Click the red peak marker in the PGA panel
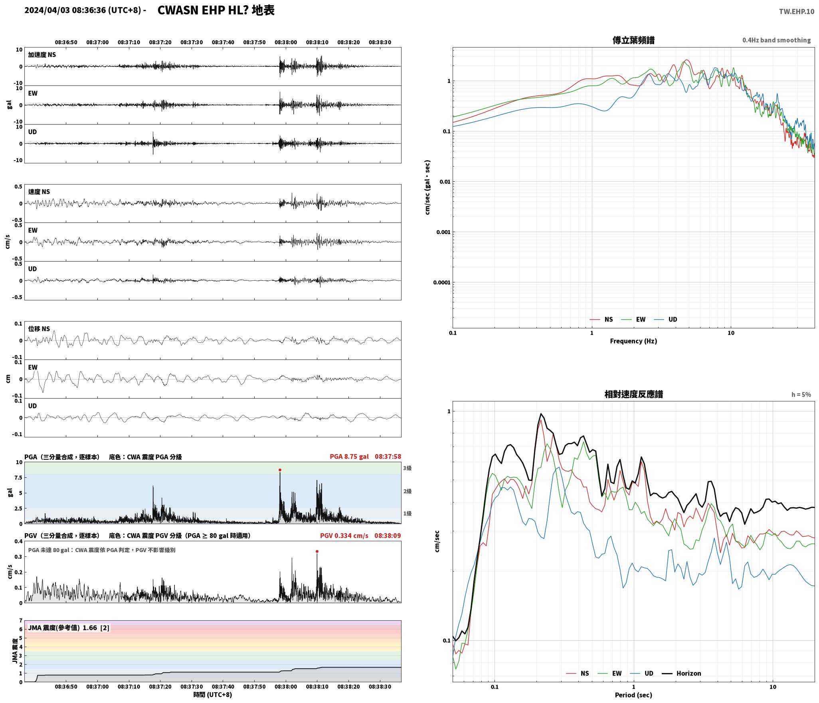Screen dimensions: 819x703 pyautogui.click(x=280, y=470)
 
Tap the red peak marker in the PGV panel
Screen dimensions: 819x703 pyautogui.click(x=317, y=551)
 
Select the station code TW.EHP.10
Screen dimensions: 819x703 pyautogui.click(x=796, y=12)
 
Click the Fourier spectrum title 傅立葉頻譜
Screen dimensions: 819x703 pyautogui.click(x=633, y=40)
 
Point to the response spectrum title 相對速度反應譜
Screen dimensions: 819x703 pyautogui.click(x=633, y=394)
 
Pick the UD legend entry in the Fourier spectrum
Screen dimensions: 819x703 pyautogui.click(x=665, y=319)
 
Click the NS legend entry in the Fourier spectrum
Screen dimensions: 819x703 pyautogui.click(x=601, y=319)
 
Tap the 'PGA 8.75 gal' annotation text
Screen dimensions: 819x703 pyautogui.click(x=349, y=456)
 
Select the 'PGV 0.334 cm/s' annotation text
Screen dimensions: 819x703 pyautogui.click(x=344, y=535)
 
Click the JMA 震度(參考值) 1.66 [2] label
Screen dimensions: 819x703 pyautogui.click(x=69, y=628)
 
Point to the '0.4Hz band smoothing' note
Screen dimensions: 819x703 pyautogui.click(x=776, y=40)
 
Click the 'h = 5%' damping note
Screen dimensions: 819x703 pyautogui.click(x=801, y=395)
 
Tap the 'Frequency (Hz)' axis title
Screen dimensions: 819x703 pyautogui.click(x=633, y=341)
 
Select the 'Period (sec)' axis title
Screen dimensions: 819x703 pyautogui.click(x=633, y=695)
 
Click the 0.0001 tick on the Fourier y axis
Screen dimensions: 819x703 pyautogui.click(x=441, y=283)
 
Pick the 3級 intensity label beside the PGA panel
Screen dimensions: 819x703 pyautogui.click(x=407, y=468)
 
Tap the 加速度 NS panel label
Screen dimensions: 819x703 pyautogui.click(x=42, y=55)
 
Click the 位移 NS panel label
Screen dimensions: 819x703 pyautogui.click(x=39, y=329)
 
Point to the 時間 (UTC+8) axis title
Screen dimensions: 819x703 pyautogui.click(x=213, y=694)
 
